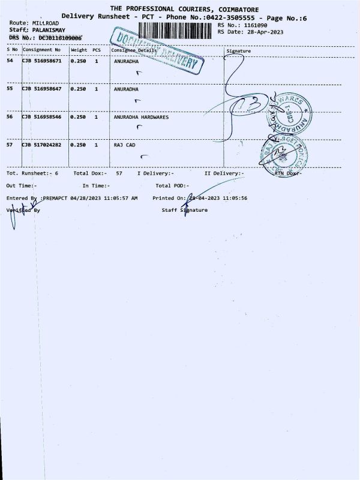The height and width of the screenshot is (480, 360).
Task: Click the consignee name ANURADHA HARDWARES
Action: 141,117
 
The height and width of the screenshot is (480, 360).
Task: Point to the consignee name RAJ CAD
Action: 125,145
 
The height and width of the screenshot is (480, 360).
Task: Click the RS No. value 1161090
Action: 256,26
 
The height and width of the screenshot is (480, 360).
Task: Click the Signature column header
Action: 238,51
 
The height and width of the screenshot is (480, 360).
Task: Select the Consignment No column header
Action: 42,50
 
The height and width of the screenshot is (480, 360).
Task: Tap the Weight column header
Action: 79,50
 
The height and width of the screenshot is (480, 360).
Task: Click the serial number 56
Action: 10,117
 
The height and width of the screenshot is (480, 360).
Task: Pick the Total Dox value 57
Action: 119,173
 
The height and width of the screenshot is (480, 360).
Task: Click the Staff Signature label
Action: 185,210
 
